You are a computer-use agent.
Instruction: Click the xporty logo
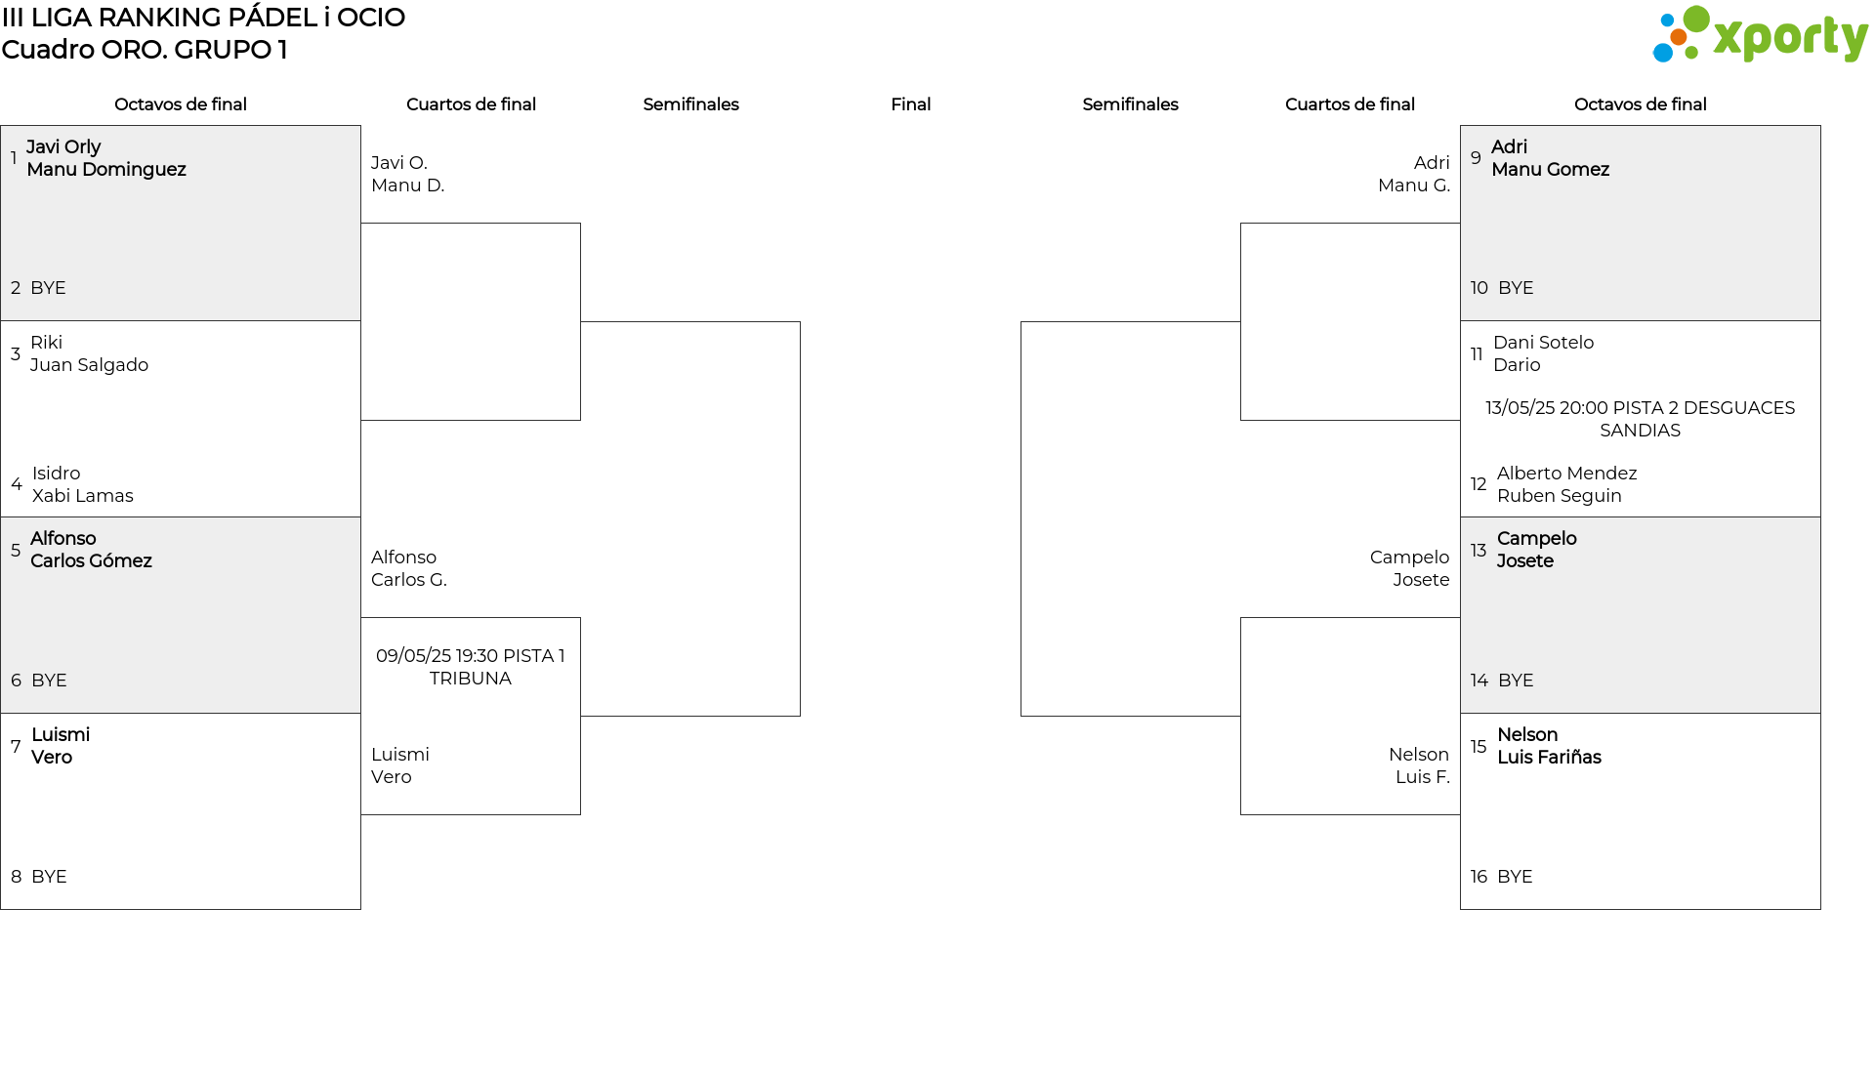[x=1760, y=35]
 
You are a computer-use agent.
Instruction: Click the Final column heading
[x=910, y=104]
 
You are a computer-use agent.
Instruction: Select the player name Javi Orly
[x=63, y=147]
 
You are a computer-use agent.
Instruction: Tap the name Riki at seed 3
[x=46, y=343]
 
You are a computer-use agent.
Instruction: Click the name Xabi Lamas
[x=83, y=496]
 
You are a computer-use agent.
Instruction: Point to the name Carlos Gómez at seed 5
[x=91, y=561]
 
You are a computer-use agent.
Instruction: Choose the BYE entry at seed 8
[x=49, y=877]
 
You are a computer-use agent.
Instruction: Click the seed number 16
[x=1479, y=877]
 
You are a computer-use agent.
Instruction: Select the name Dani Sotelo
[x=1543, y=343]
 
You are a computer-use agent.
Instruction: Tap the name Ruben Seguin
[x=1559, y=496]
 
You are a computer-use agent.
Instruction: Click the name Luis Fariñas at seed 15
[x=1549, y=758]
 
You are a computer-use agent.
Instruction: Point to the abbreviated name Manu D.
[x=407, y=186]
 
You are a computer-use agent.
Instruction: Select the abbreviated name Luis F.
[x=1423, y=777]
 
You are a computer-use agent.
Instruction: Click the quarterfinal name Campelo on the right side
[x=1409, y=558]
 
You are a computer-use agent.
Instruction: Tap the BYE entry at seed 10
[x=1516, y=288]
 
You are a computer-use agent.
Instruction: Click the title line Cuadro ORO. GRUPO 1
[x=145, y=50]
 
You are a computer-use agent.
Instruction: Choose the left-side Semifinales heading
[x=690, y=104]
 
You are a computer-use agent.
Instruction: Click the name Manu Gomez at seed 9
[x=1550, y=170]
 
